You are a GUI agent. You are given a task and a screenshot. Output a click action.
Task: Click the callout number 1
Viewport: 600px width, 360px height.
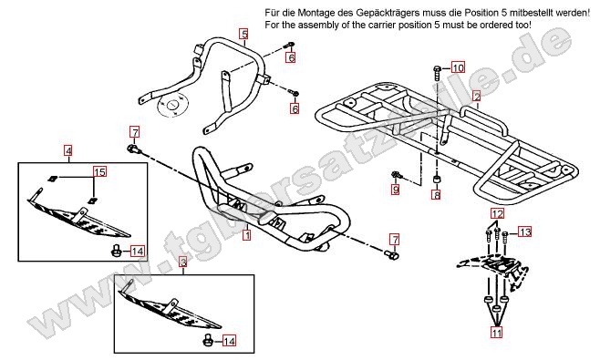[247, 234]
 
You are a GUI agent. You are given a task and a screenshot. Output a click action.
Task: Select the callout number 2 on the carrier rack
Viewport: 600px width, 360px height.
[476, 96]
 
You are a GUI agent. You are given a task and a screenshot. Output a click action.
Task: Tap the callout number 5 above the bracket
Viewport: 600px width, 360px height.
[244, 34]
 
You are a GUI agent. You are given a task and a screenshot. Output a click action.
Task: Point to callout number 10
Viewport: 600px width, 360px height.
[458, 67]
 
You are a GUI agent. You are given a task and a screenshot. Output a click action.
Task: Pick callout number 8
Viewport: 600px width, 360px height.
[436, 194]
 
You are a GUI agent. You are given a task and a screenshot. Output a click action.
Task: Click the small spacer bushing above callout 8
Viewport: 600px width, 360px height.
[436, 180]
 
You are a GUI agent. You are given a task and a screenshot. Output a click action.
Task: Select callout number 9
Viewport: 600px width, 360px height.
[395, 189]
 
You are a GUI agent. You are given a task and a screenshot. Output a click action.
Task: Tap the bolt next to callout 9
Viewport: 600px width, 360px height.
[397, 176]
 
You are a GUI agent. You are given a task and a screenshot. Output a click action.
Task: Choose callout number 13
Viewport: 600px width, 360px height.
[525, 231]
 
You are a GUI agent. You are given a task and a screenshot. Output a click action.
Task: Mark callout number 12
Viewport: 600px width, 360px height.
[498, 213]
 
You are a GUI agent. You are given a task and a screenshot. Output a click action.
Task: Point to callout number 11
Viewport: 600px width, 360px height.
[497, 333]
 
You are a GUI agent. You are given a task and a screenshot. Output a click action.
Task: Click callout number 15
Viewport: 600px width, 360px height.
[100, 171]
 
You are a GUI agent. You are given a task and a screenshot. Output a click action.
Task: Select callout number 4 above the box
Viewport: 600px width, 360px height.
[68, 150]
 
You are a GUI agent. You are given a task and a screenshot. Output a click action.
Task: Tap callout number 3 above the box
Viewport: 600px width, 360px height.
[183, 262]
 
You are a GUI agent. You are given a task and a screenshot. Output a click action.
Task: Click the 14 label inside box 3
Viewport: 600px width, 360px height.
[229, 340]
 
